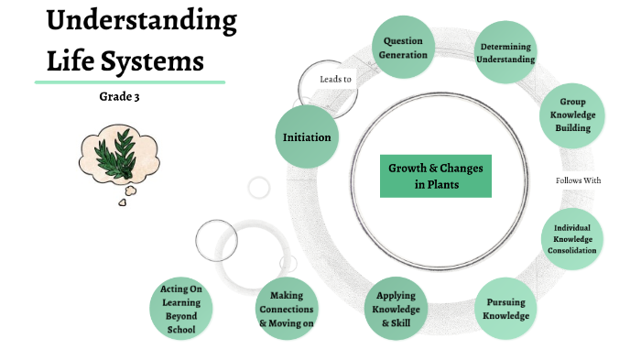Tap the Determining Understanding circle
(505, 53)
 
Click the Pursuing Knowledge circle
(506, 309)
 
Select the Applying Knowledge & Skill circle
(396, 308)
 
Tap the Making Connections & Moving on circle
(287, 309)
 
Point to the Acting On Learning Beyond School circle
(181, 309)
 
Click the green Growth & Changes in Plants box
(435, 176)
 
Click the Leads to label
(335, 80)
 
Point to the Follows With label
(578, 180)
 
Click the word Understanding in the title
(141, 21)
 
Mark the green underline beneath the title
(129, 82)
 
